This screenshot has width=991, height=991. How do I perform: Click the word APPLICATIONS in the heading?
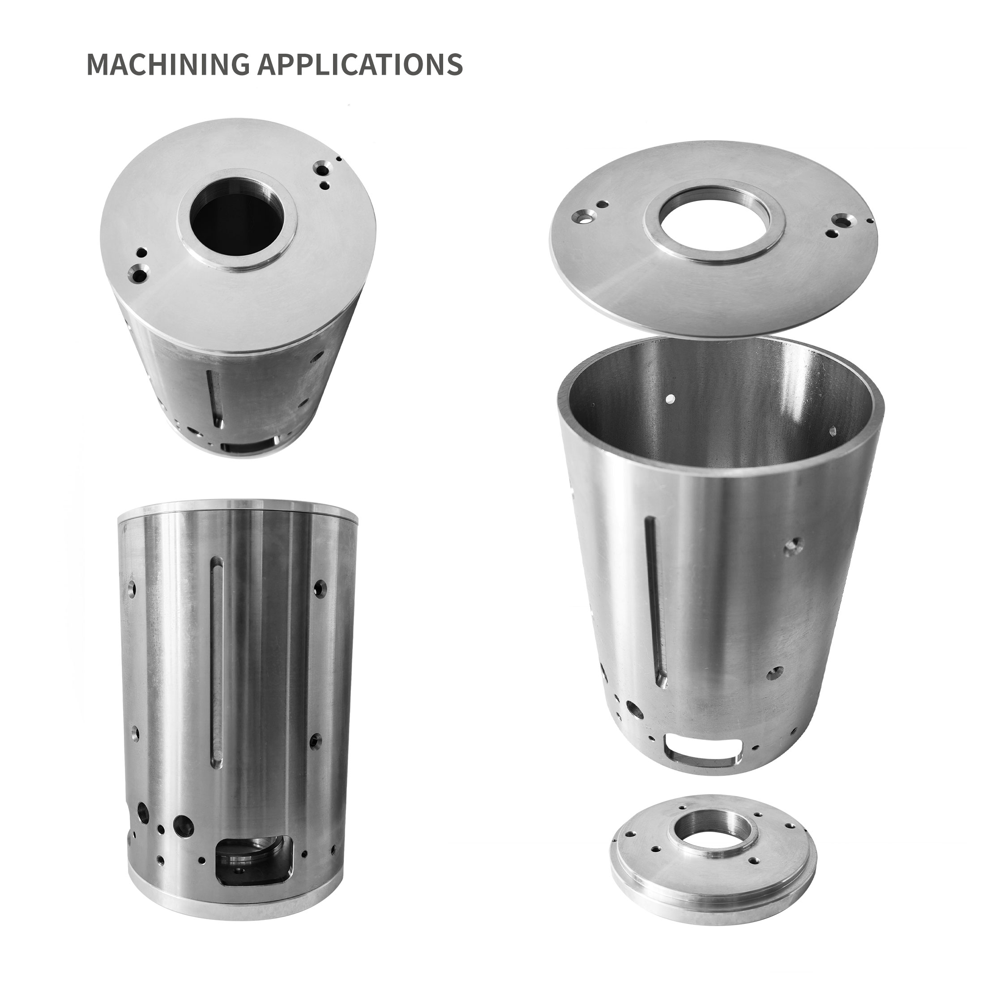pyautogui.click(x=360, y=64)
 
